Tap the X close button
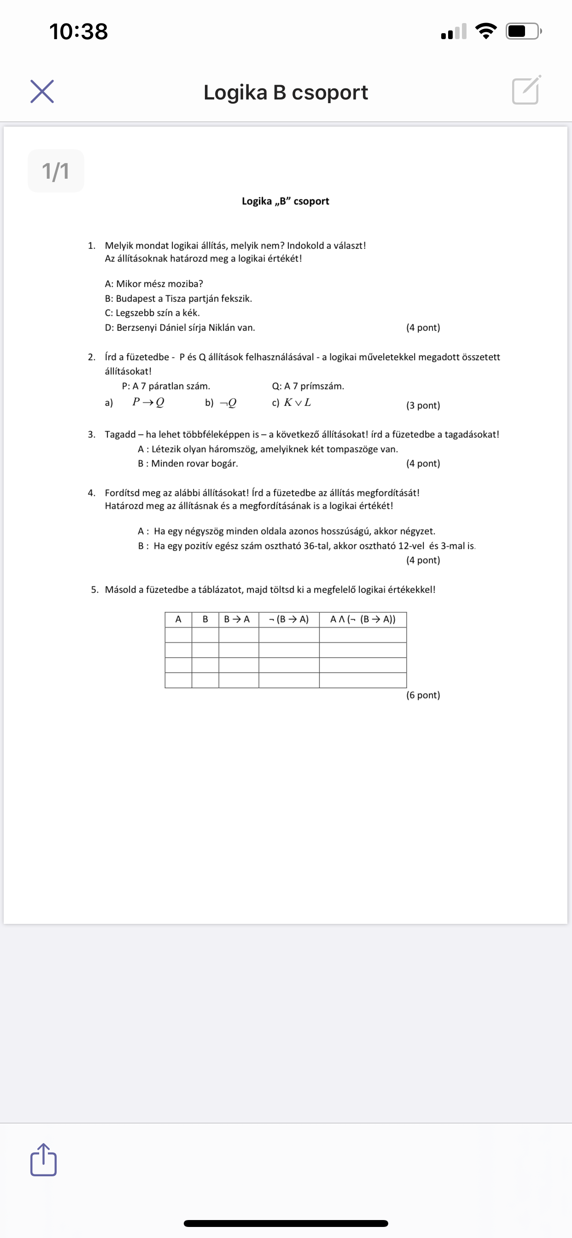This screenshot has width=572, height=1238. point(42,91)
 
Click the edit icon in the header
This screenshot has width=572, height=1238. point(526,90)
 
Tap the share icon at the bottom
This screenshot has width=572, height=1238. point(43,1160)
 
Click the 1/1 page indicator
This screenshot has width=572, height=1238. point(56,171)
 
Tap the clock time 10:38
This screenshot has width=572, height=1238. point(78,32)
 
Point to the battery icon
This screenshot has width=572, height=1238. point(524,32)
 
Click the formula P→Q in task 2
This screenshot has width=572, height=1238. point(148,402)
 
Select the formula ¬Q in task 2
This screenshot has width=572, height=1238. point(228,403)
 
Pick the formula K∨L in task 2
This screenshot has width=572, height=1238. point(297,402)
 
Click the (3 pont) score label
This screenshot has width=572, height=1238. point(423,405)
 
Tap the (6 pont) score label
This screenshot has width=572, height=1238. point(423,695)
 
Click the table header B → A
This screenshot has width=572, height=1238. point(237,619)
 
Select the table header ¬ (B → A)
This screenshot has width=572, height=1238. point(289,619)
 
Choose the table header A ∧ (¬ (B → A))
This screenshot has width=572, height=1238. point(363,619)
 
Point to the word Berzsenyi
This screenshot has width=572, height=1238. point(136,328)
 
